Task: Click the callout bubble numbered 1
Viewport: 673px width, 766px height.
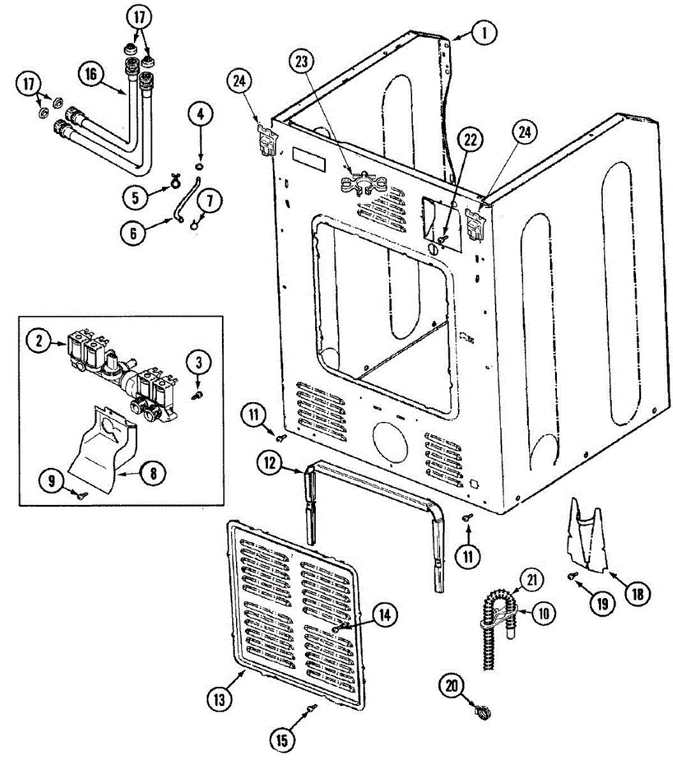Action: [x=484, y=33]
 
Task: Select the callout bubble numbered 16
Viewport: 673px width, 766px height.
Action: [x=91, y=74]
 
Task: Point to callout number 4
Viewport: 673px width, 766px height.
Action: [x=200, y=115]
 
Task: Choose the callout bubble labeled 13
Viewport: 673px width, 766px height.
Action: [x=219, y=699]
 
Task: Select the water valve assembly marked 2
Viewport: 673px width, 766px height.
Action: [x=121, y=370]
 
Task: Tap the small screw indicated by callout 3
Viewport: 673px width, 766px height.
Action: [x=197, y=396]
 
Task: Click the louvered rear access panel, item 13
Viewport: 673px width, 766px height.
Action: [x=297, y=613]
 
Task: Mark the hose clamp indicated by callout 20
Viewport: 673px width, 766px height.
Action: [x=480, y=709]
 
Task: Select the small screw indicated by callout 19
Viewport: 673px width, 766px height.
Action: [x=572, y=576]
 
